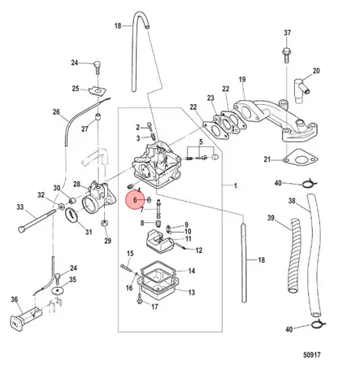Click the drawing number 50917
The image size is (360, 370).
tap(311, 355)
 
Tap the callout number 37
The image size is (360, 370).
tap(288, 33)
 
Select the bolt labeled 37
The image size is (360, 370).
tap(287, 55)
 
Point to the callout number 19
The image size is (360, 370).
tap(242, 80)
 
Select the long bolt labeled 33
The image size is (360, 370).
tap(37, 220)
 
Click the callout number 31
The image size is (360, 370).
tap(89, 232)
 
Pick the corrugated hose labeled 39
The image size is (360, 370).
tap(295, 256)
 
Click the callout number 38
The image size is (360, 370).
tap(292, 201)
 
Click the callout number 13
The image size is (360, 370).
tap(192, 293)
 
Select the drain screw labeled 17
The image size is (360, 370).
tap(140, 300)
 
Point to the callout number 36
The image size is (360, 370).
tap(14, 299)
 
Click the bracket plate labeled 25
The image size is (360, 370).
tap(98, 91)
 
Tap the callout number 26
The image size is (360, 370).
tap(56, 112)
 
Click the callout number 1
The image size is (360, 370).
tap(236, 186)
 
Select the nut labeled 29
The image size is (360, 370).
tap(104, 224)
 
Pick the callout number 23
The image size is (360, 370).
tap(210, 98)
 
